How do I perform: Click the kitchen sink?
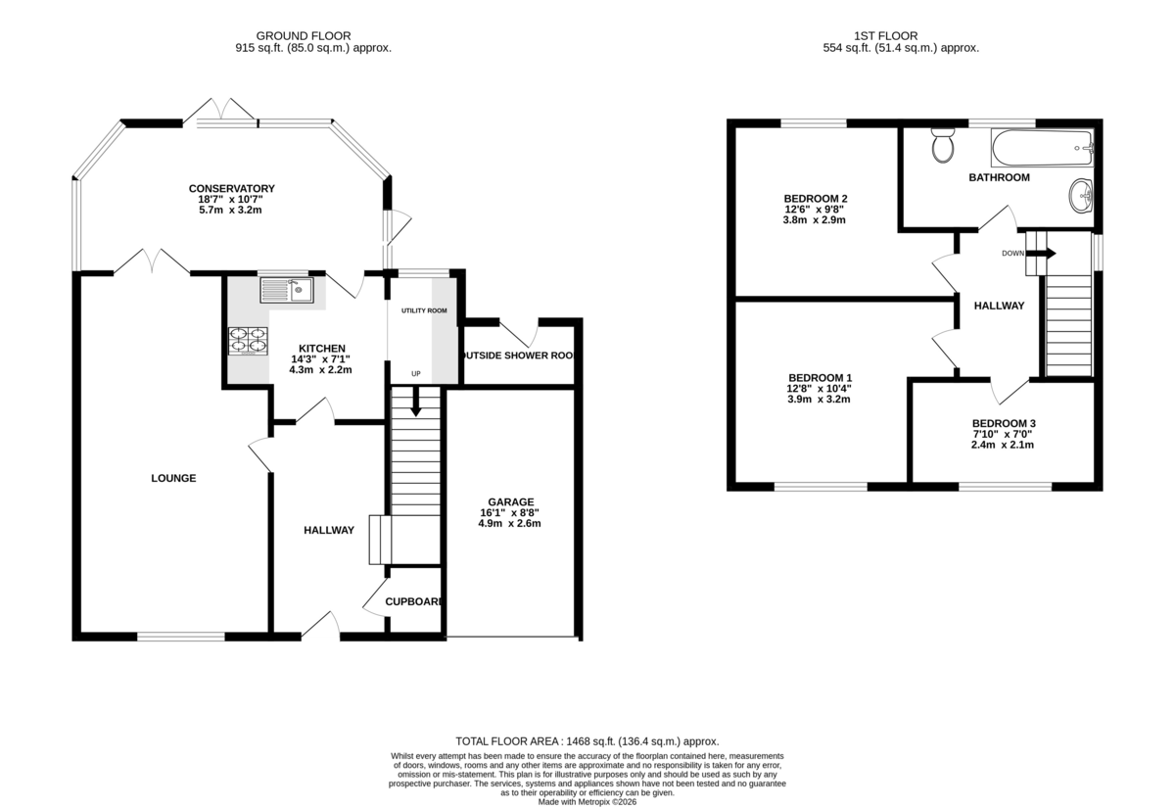click(x=286, y=290)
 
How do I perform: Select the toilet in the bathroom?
click(x=944, y=145)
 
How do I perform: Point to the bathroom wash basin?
click(x=1082, y=195)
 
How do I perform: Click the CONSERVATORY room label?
click(x=232, y=189)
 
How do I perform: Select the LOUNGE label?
click(x=173, y=479)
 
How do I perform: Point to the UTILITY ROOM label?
click(x=424, y=310)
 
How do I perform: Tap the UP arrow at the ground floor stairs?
click(x=416, y=402)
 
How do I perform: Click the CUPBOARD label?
click(x=413, y=602)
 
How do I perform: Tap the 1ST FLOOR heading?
click(x=901, y=35)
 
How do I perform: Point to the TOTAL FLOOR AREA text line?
click(x=587, y=741)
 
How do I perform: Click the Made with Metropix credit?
click(x=587, y=801)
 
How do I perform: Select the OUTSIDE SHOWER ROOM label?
click(x=518, y=356)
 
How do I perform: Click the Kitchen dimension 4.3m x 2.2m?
click(x=321, y=369)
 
